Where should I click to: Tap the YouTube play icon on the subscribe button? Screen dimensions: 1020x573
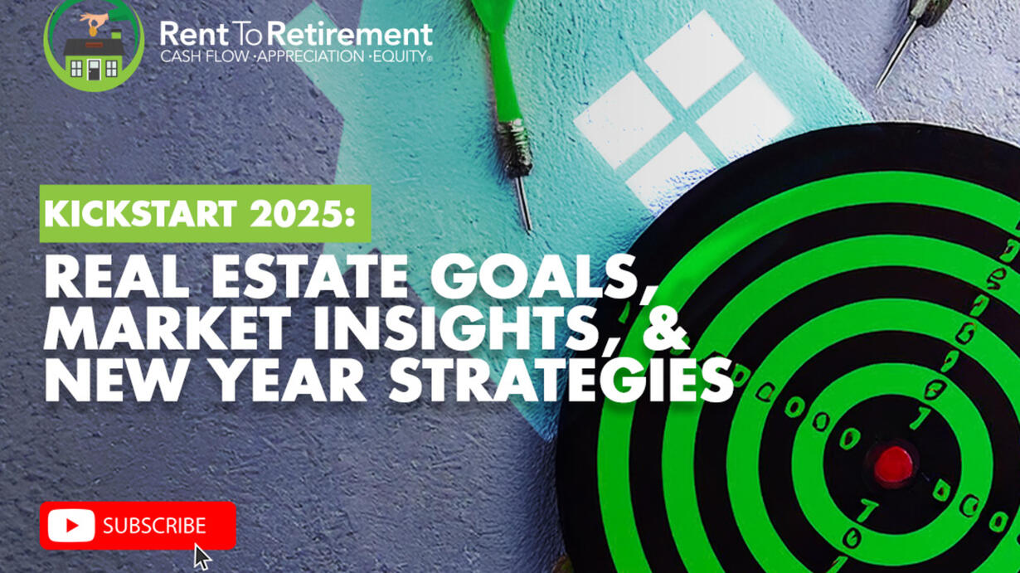point(71,526)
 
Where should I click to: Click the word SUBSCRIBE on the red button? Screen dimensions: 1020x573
point(154,526)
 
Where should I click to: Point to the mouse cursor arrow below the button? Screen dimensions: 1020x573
point(202,556)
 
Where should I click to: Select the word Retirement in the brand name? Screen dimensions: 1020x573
point(350,34)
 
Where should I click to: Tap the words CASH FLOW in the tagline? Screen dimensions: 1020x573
point(205,56)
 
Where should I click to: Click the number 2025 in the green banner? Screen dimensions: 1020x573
point(303,213)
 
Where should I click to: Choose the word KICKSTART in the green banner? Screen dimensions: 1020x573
point(140,213)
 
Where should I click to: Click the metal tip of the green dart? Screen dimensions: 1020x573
point(524,205)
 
